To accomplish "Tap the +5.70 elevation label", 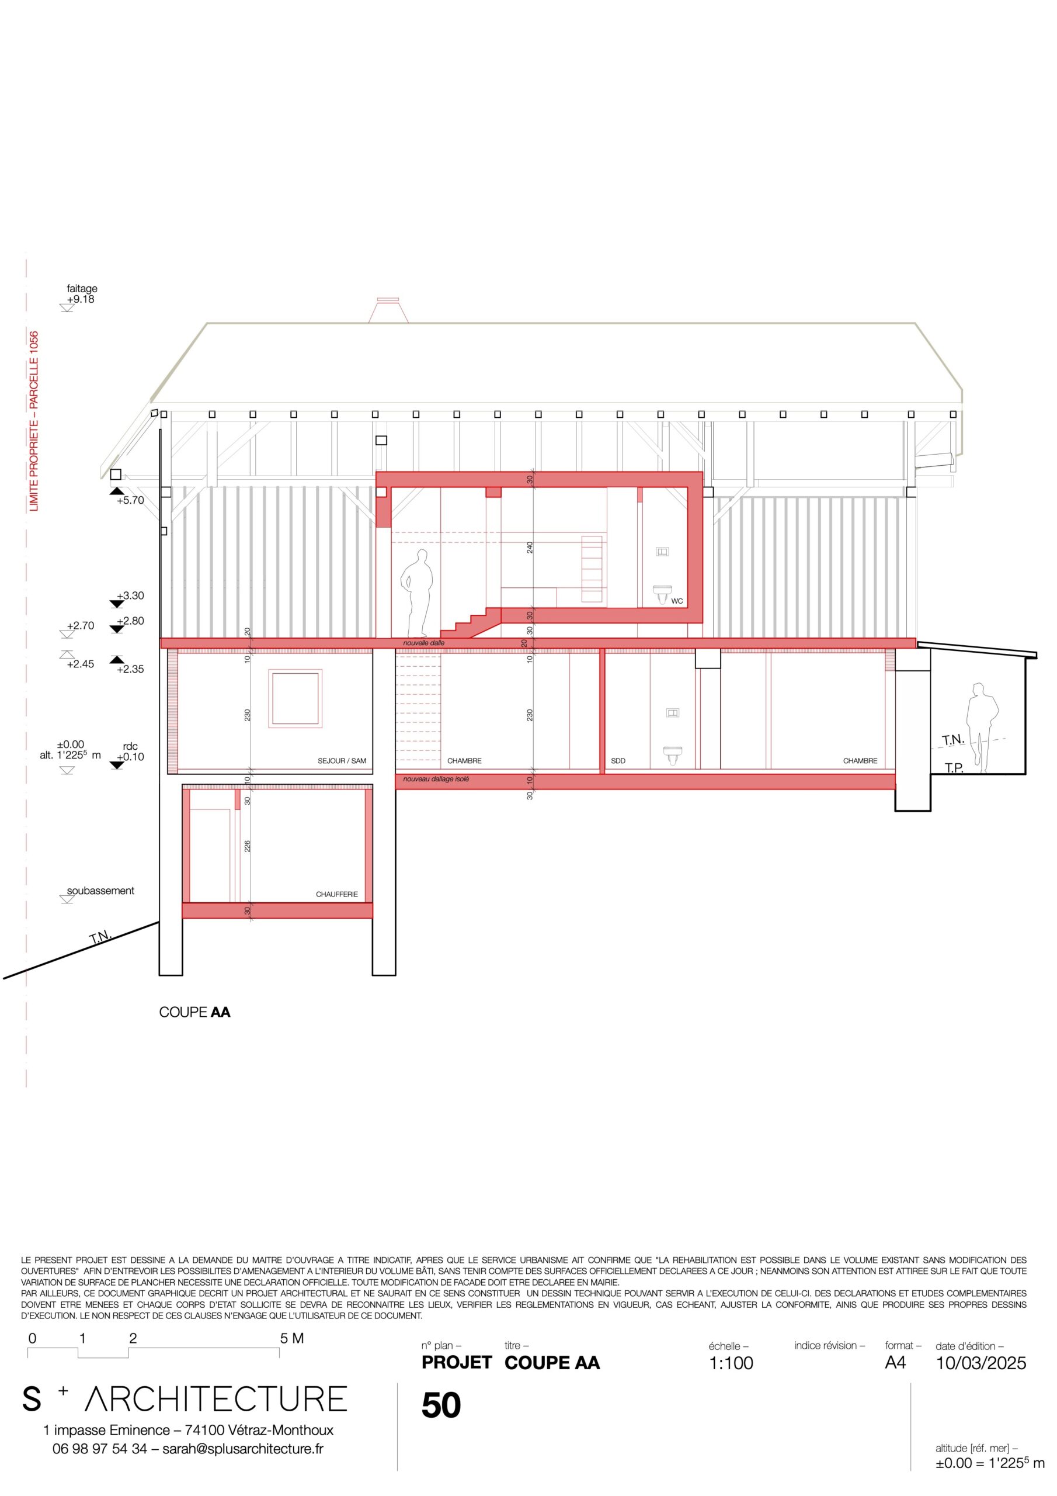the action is coord(130,500).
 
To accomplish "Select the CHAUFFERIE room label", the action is coord(337,894).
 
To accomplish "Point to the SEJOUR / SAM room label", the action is coord(342,760).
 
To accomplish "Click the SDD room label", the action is coord(618,760).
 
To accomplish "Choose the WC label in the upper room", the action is coord(677,601).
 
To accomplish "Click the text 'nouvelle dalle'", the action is coord(424,642).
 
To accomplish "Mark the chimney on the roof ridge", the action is coord(388,310).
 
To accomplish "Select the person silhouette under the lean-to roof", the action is coord(982,723).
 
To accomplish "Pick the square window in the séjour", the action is coord(295,698).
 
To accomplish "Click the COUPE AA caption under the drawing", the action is coord(194,1012).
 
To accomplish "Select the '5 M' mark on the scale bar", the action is coord(292,1338).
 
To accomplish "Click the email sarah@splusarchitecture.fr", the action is coord(243,1449).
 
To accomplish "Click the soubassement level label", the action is coord(100,891).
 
